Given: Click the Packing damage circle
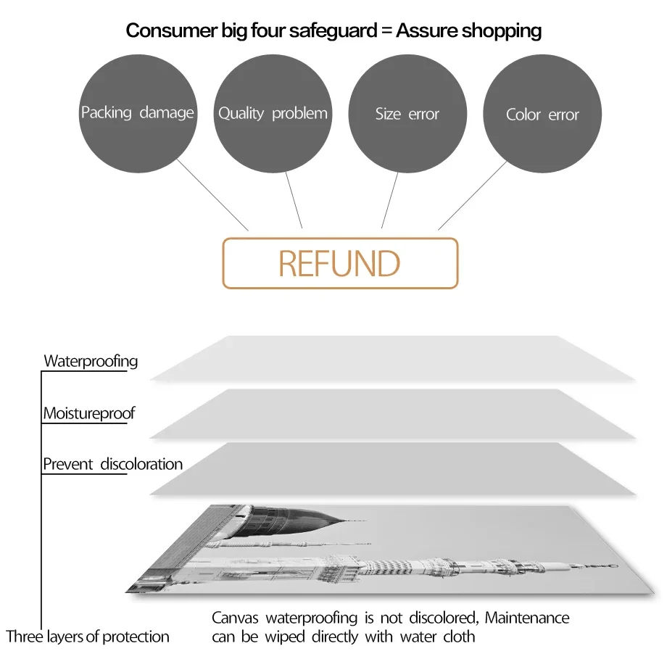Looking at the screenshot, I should tap(138, 113).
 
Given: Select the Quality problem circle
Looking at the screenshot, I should tap(273, 113).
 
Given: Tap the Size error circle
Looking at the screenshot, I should tap(407, 114).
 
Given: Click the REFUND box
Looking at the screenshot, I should tap(340, 263).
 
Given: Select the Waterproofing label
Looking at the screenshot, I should tap(91, 361).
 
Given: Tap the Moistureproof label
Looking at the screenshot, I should tap(88, 414).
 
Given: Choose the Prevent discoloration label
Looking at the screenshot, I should tap(112, 464).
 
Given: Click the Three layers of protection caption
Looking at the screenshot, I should tap(88, 637).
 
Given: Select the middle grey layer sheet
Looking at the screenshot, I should tap(391, 413).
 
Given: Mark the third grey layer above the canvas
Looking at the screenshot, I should tap(391, 468).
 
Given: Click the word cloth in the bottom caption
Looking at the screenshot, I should tap(459, 637).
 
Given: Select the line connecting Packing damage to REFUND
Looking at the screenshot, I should tap(212, 194).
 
